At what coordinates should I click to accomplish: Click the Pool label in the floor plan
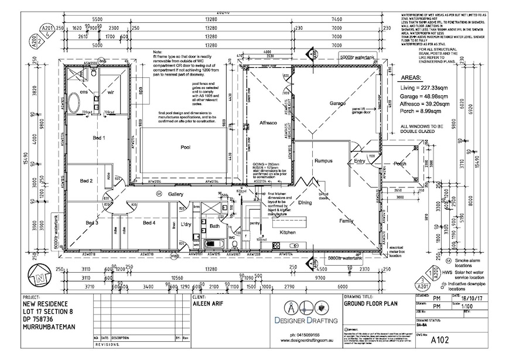pyautogui.click(x=186, y=147)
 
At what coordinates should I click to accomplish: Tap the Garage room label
pyautogui.click(x=338, y=103)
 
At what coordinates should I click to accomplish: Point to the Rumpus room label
pyautogui.click(x=323, y=160)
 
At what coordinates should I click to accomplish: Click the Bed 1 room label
pyautogui.click(x=100, y=138)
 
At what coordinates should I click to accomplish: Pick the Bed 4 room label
pyautogui.click(x=149, y=222)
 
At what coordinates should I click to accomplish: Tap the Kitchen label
pyautogui.click(x=288, y=232)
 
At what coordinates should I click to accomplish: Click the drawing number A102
pyautogui.click(x=441, y=339)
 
